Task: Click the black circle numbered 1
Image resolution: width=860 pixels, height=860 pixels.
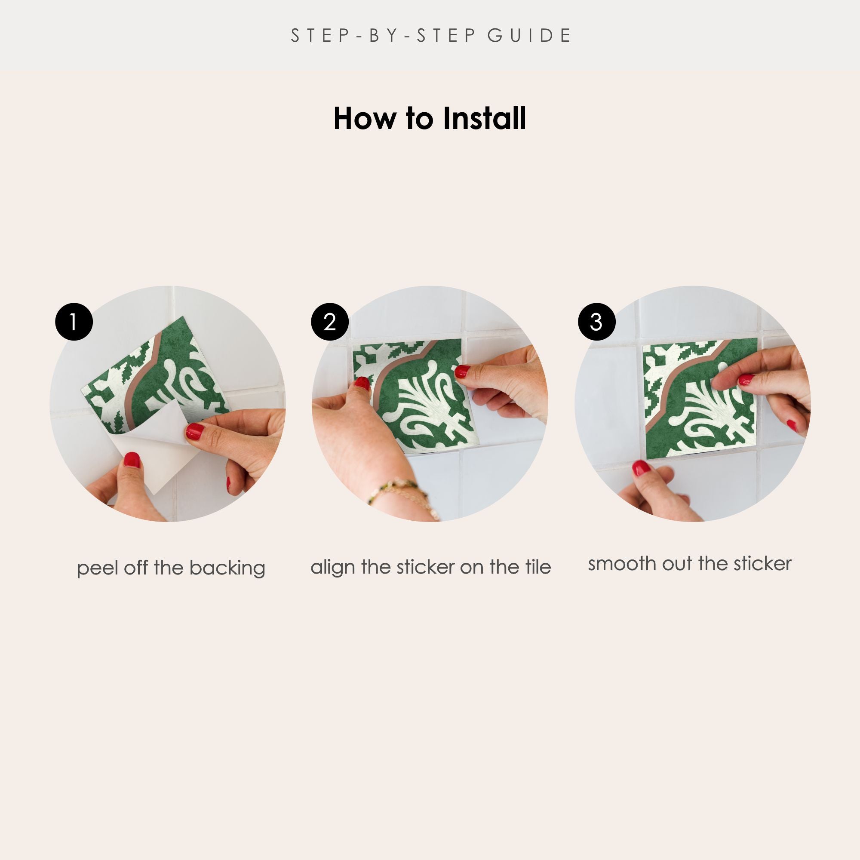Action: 74,322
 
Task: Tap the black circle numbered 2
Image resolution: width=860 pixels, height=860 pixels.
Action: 329,322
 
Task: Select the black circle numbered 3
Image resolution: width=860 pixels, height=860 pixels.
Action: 596,322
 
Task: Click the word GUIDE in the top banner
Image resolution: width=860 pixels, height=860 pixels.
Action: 529,36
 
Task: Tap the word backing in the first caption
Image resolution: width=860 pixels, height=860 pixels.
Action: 227,569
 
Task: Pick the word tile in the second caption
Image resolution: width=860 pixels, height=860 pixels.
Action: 538,567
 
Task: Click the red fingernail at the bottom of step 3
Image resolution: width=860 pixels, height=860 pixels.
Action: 641,468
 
